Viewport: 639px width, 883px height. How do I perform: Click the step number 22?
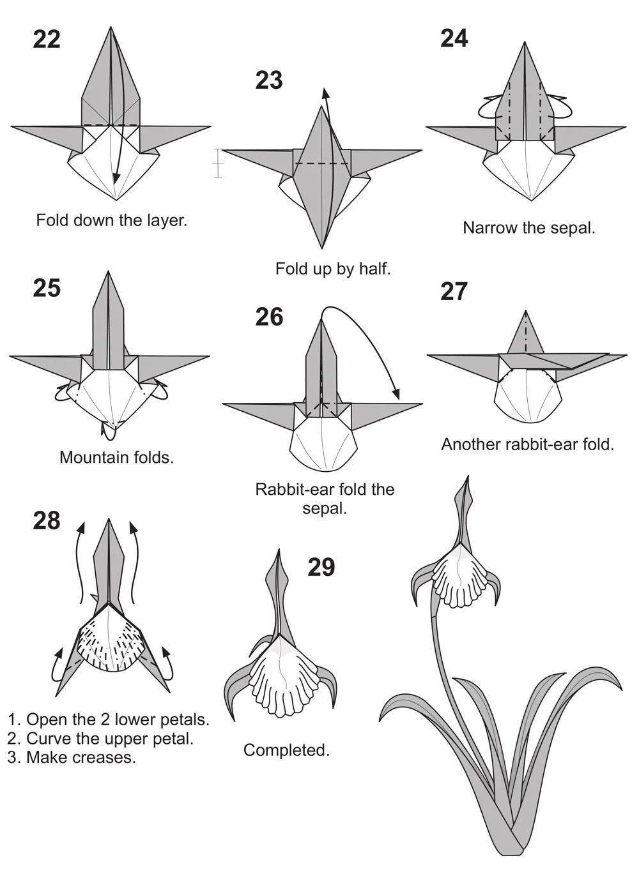tap(47, 40)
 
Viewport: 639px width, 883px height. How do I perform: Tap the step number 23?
tap(269, 80)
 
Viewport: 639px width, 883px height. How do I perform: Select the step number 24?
tap(454, 39)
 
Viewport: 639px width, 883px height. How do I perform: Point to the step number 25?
tap(47, 288)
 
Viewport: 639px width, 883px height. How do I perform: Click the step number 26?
tap(269, 317)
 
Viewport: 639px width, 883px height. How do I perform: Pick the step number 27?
tap(454, 292)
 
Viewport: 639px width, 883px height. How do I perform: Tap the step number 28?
tap(47, 520)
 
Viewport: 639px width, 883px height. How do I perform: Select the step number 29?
tap(321, 567)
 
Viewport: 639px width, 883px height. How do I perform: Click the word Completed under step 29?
tap(286, 750)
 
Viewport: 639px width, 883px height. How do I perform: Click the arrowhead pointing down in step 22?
tap(115, 179)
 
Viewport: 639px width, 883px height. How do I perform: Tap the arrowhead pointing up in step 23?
tap(325, 93)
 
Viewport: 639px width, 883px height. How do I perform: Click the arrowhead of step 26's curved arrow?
tap(396, 394)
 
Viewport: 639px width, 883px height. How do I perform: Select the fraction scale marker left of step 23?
tap(218, 163)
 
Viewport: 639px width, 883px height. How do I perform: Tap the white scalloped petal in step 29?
tap(283, 679)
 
